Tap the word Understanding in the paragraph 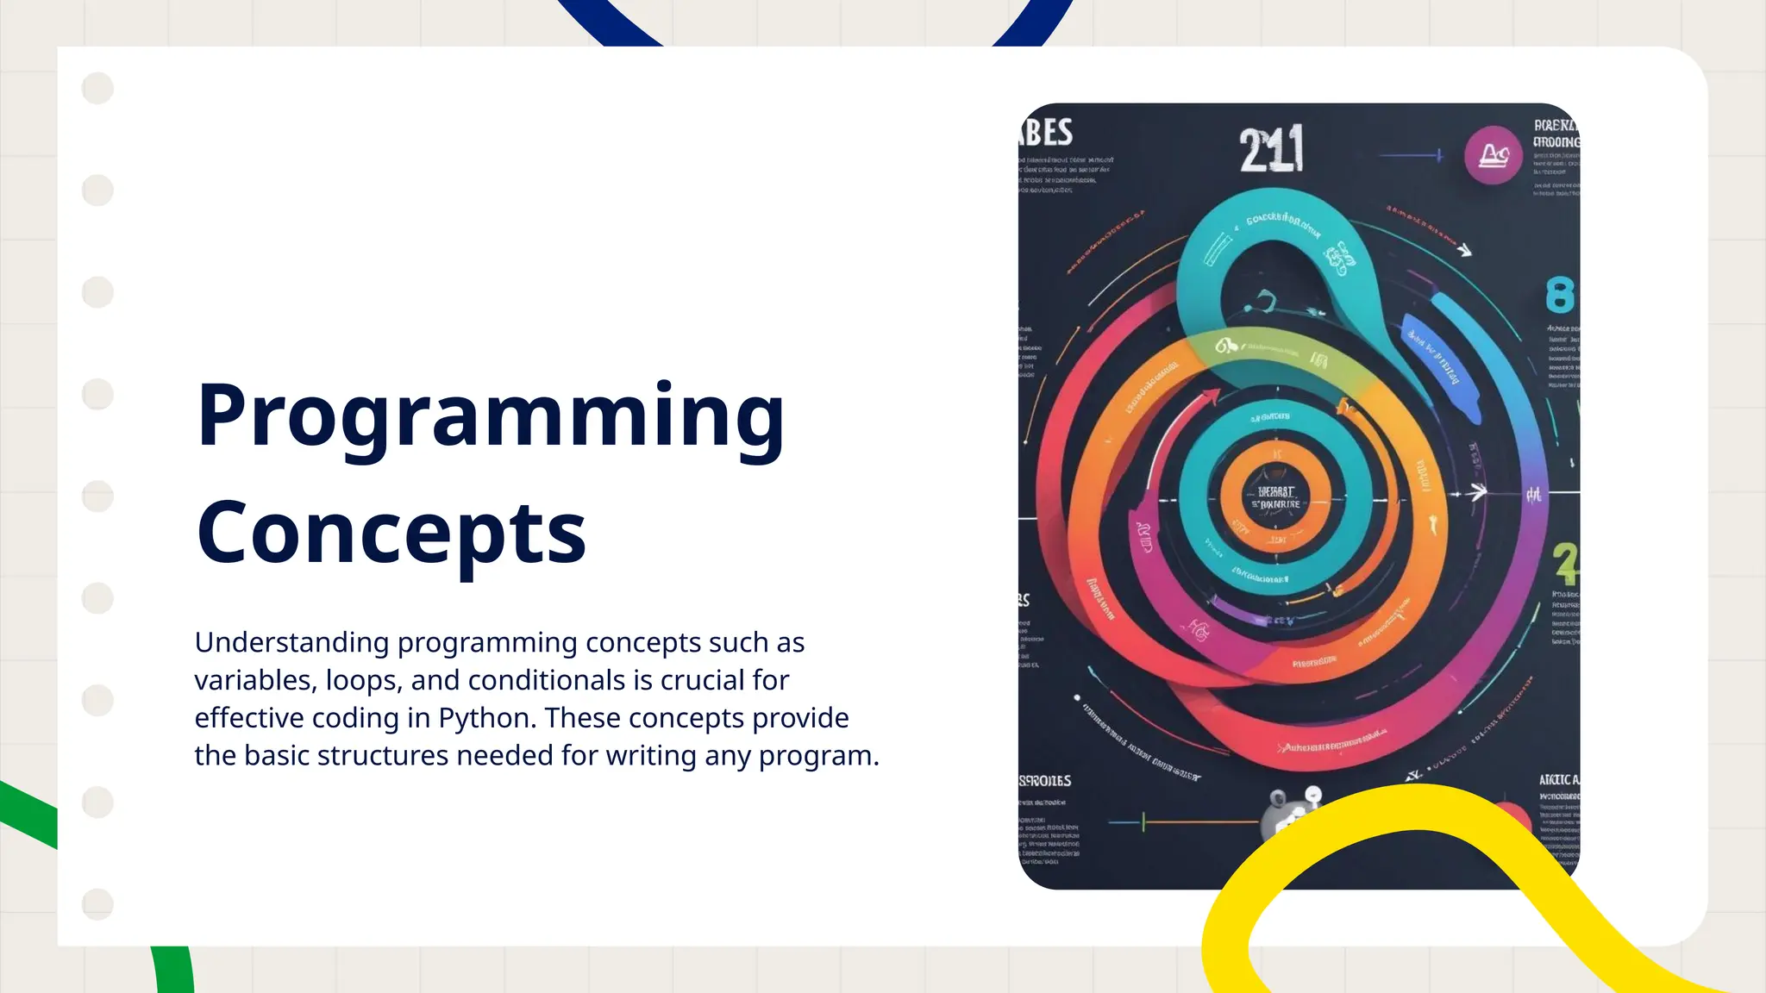(x=291, y=643)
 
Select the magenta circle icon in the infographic (x=1493, y=156)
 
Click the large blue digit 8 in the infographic (x=1559, y=297)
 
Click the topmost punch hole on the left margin (x=97, y=88)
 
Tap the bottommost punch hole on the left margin (x=97, y=904)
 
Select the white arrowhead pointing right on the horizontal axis (x=1478, y=492)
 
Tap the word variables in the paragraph (x=252, y=681)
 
